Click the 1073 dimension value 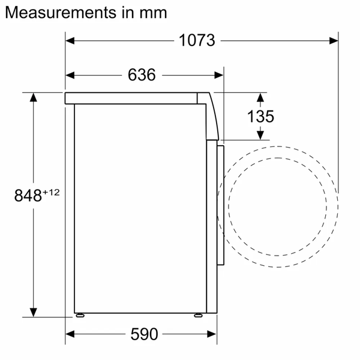[x=197, y=41]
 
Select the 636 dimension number [x=142, y=75]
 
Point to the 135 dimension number [x=260, y=116]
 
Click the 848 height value [x=28, y=195]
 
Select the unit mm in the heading [x=152, y=12]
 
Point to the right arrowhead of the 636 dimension [x=219, y=75]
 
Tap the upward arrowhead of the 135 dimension [x=260, y=97]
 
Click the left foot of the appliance [x=79, y=314]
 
